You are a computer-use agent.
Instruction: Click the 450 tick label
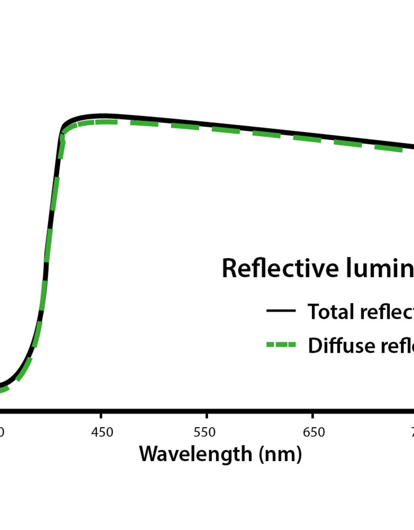click(x=102, y=432)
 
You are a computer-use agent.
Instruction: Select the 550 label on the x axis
click(x=204, y=432)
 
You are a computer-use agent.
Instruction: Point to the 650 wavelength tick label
click(x=314, y=432)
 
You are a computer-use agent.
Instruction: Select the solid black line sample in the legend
click(x=281, y=311)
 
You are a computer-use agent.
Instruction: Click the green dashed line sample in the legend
click(x=281, y=344)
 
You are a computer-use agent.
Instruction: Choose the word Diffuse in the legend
click(x=341, y=345)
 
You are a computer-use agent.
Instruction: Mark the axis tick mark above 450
click(x=101, y=415)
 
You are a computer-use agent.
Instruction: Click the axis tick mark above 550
click(x=206, y=415)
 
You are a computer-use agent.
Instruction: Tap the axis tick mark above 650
click(x=313, y=415)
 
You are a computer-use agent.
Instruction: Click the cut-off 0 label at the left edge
click(x=2, y=432)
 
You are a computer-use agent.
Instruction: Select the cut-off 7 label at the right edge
click(x=412, y=432)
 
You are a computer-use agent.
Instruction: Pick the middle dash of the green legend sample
click(x=281, y=344)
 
